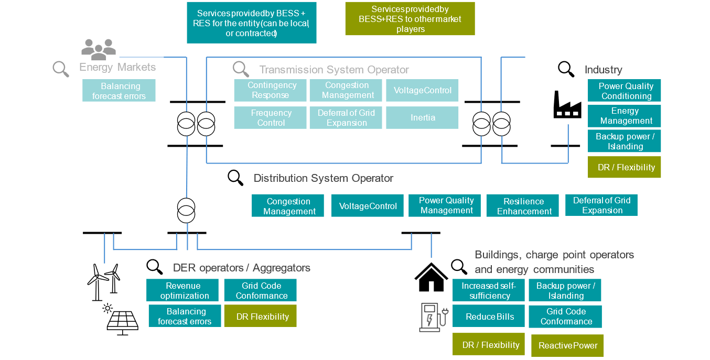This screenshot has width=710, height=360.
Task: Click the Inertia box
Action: [422, 117]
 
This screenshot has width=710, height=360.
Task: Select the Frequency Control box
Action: [270, 117]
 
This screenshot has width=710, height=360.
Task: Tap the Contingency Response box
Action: [270, 90]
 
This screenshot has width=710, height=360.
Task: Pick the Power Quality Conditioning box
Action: [624, 91]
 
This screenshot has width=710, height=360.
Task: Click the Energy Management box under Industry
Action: [624, 116]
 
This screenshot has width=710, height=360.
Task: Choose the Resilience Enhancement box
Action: [523, 206]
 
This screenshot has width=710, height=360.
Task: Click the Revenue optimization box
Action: [182, 290]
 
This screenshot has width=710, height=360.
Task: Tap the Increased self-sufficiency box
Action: [488, 290]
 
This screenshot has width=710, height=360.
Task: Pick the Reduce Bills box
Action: [488, 317]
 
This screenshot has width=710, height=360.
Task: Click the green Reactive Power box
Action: [567, 346]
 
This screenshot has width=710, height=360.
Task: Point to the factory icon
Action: [567, 104]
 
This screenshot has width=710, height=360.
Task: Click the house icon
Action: [431, 277]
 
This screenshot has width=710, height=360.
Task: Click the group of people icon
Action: [98, 49]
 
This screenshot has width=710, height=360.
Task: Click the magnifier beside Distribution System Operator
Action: [235, 178]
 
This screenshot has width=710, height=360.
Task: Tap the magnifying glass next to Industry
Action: [566, 69]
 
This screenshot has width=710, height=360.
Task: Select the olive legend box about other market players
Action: [410, 19]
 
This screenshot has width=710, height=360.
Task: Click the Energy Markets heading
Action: [117, 67]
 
